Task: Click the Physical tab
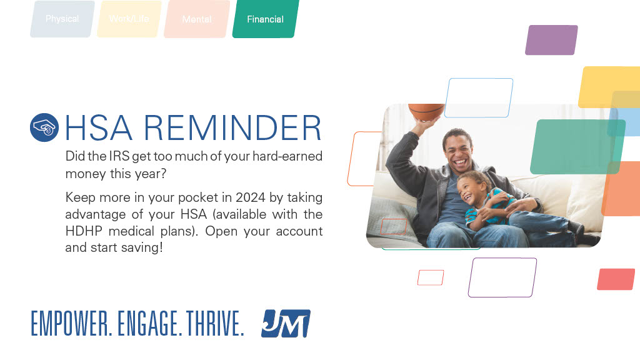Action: (x=62, y=19)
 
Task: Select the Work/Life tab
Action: (x=129, y=19)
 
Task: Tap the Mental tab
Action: (x=197, y=19)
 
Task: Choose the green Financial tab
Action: (x=265, y=19)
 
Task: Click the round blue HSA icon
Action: (x=44, y=127)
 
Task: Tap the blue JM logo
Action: (x=286, y=324)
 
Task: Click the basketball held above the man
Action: (x=426, y=111)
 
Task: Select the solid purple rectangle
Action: (x=551, y=40)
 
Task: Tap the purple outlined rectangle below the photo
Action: (x=502, y=277)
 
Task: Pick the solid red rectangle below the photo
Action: (x=616, y=279)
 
